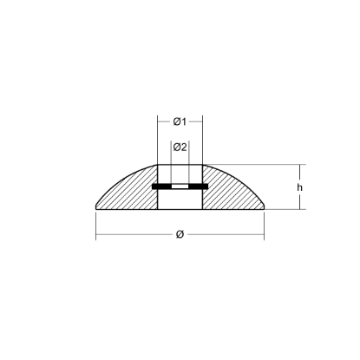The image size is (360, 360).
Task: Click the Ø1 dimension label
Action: point(180,121)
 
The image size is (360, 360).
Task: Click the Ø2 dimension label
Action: point(180,147)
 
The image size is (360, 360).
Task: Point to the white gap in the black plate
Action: point(180,187)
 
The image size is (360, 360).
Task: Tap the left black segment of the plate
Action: point(161,187)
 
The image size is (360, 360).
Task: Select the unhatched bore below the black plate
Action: point(180,200)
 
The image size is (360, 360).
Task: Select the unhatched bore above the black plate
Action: point(180,173)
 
